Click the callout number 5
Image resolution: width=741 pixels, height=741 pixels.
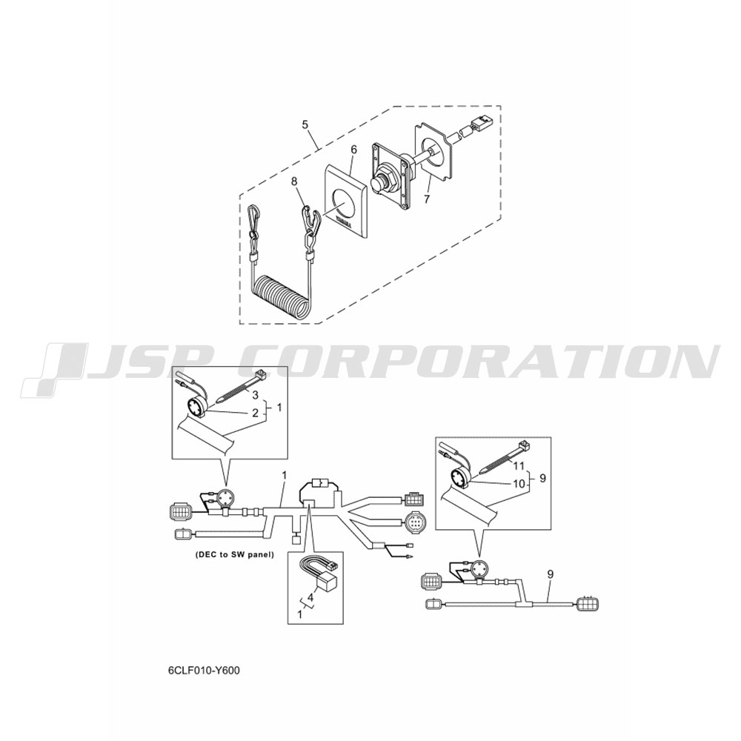pos(305,124)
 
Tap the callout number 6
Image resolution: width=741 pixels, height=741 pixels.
pos(354,150)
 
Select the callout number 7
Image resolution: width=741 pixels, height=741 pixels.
pos(427,199)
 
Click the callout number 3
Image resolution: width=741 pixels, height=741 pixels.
pos(255,395)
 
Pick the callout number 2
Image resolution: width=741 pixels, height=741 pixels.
pos(255,413)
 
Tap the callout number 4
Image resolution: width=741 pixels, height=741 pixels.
pos(310,597)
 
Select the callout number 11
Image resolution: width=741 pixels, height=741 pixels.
pos(519,466)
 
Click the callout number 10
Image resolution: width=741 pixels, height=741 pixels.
pos(519,483)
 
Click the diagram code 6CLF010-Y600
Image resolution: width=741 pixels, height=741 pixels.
pos(204,670)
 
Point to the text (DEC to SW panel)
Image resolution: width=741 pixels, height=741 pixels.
pos(234,555)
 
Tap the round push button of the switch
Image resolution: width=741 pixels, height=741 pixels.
pos(379,183)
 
